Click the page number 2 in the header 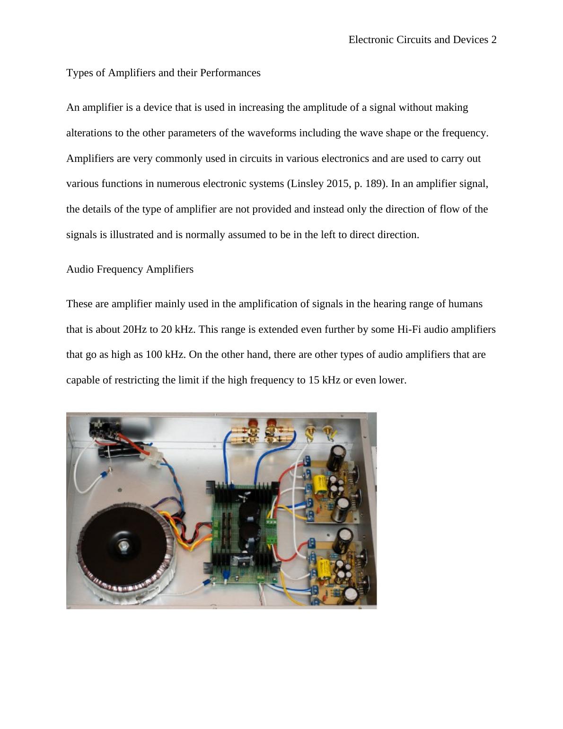493,40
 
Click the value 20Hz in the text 135,329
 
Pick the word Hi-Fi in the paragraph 409,329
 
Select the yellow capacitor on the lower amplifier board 324,566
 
